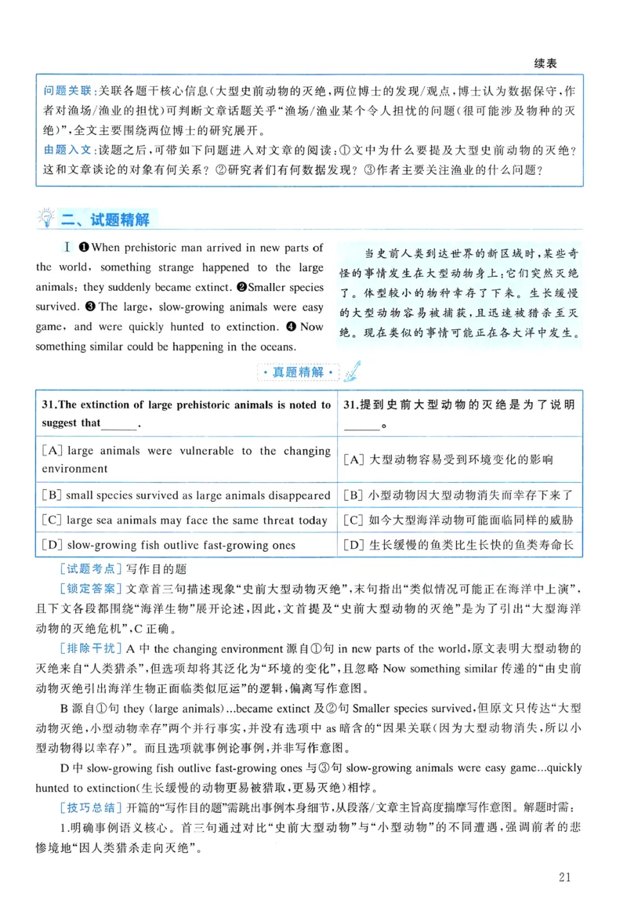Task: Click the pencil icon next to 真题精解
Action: click(353, 369)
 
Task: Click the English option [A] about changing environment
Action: click(186, 460)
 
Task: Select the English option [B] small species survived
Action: click(186, 495)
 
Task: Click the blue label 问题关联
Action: click(68, 91)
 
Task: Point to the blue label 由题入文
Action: click(68, 150)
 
